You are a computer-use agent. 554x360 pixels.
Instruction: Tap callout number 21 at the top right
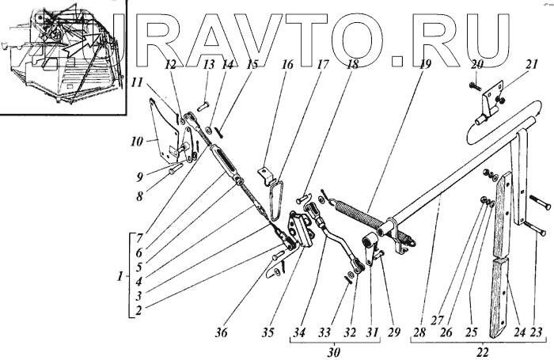[510, 66]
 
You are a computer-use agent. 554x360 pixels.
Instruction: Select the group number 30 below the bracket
[332, 351]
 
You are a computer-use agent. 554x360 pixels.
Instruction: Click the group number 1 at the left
[119, 277]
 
